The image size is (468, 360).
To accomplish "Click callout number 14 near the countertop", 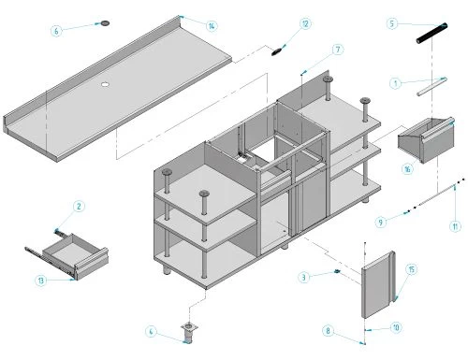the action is (212, 26).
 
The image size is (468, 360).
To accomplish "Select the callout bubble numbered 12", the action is (305, 23).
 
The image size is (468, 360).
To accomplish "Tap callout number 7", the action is (338, 50).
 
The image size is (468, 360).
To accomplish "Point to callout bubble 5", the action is (392, 23).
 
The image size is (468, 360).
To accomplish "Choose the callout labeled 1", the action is (396, 83).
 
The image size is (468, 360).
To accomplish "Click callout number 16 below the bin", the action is (407, 169).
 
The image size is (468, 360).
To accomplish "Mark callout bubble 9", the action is (381, 223).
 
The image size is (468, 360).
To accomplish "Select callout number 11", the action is (455, 226).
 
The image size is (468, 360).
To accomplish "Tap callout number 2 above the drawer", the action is (79, 206).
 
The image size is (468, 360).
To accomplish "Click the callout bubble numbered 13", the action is (41, 281).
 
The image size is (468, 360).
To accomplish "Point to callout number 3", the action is (304, 277).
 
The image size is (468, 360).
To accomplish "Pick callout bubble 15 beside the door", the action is (412, 269).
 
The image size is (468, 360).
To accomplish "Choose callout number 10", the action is (396, 327).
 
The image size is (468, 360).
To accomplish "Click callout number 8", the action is (328, 330).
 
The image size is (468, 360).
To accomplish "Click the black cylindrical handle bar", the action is (432, 34).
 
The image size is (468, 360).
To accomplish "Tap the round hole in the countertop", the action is (106, 84).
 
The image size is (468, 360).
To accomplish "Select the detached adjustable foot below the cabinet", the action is (189, 333).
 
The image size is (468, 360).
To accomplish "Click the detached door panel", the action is (378, 285).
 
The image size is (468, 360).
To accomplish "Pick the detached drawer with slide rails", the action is (66, 255).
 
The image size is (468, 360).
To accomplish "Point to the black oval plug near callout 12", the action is (276, 51).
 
